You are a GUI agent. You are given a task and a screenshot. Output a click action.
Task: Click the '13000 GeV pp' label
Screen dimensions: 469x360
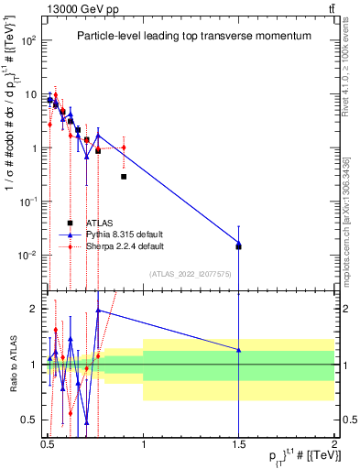[81, 7]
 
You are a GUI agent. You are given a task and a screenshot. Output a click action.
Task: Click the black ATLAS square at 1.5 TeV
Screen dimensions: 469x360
[239, 246]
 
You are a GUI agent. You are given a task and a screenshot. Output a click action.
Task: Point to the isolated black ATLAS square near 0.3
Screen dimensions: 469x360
[124, 176]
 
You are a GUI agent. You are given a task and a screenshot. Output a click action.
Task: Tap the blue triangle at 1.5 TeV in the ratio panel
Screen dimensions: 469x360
[239, 350]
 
